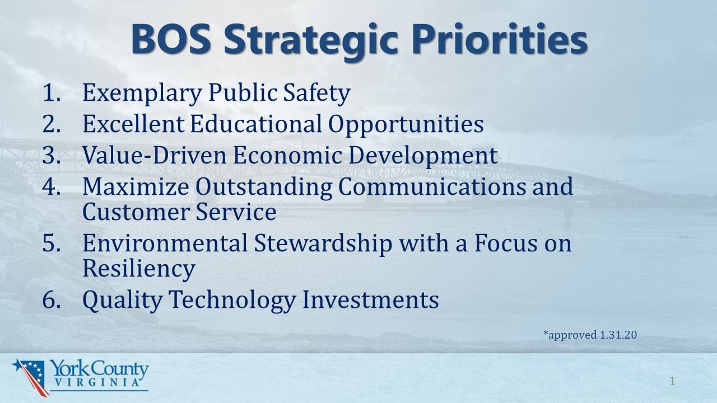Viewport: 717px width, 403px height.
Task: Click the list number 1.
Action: [51, 93]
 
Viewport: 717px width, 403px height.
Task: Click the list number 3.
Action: [51, 155]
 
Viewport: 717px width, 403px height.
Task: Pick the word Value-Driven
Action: [154, 155]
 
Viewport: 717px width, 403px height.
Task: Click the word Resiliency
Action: [138, 269]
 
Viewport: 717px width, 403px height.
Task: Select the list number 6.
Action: [51, 299]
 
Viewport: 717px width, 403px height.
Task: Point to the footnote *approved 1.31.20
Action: [590, 335]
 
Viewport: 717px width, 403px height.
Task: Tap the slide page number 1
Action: [672, 382]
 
